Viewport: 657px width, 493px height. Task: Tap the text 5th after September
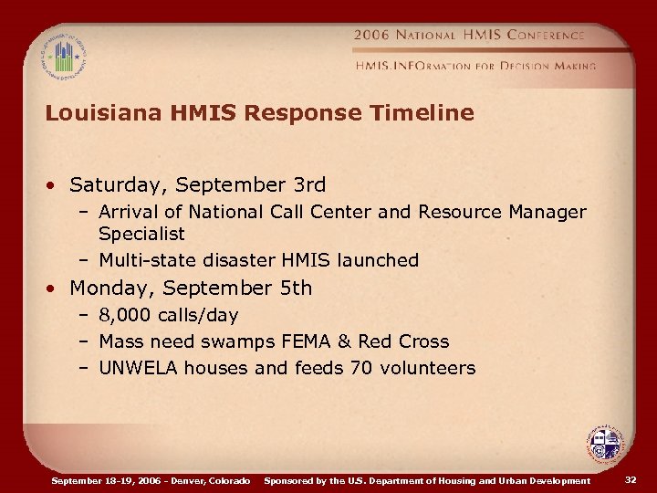296,288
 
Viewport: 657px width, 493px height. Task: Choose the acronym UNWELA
139,368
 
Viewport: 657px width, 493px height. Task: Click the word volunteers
431,368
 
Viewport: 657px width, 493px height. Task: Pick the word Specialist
141,235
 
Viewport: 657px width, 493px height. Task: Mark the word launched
378,260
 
